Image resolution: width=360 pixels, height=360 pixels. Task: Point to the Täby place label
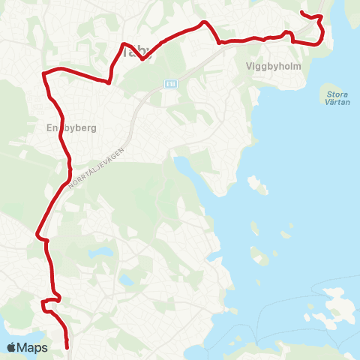coord(136,52)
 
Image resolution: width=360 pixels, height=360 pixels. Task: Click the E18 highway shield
coord(171,83)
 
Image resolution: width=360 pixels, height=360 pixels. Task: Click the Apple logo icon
coord(11,347)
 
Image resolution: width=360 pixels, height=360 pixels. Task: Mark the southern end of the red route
coord(67,347)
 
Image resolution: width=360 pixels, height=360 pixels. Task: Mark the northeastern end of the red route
coord(301,13)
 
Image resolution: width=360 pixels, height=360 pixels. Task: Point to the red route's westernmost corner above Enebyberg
coord(43,73)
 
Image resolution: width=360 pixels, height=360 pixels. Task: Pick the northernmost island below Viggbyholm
coord(257,184)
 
